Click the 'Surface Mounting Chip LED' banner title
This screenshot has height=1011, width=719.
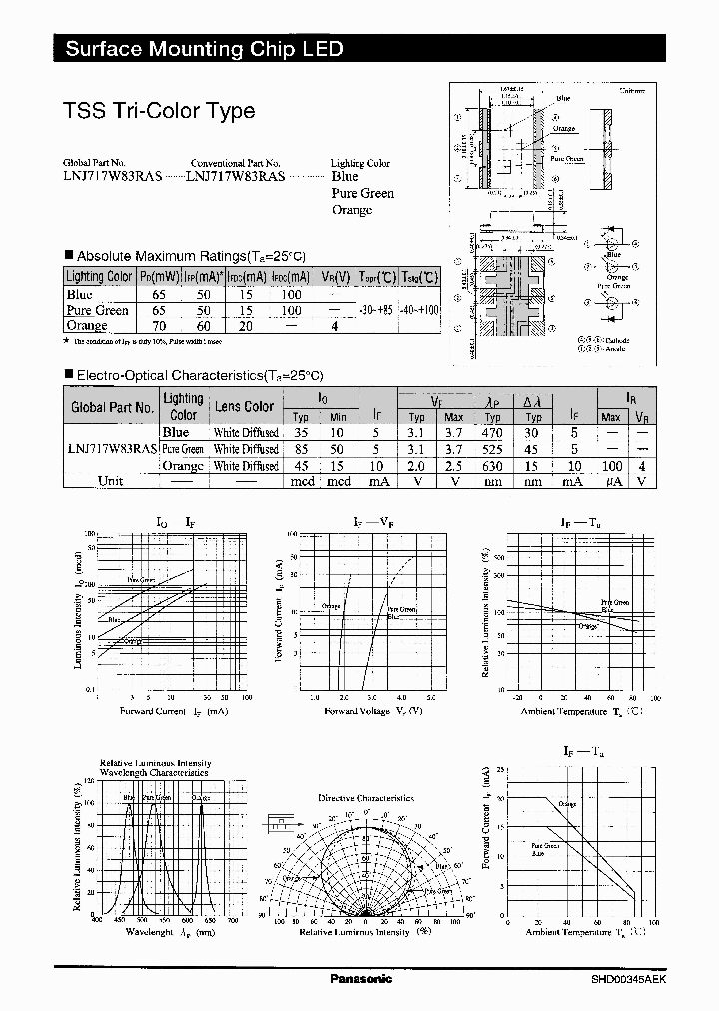click(205, 49)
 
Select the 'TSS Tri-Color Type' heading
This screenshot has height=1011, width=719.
click(159, 112)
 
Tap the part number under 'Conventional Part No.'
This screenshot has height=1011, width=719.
click(237, 175)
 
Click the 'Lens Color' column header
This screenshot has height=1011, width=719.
click(244, 407)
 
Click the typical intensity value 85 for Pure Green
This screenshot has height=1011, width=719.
click(301, 449)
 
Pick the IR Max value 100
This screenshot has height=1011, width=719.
click(611, 466)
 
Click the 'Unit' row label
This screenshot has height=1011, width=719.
click(111, 481)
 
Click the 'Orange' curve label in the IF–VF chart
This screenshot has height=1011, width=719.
click(331, 606)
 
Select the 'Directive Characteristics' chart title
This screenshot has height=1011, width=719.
click(365, 798)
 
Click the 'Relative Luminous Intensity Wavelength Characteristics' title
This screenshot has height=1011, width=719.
click(154, 767)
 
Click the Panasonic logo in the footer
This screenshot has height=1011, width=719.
click(360, 979)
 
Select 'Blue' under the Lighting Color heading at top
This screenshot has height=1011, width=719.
click(345, 177)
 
